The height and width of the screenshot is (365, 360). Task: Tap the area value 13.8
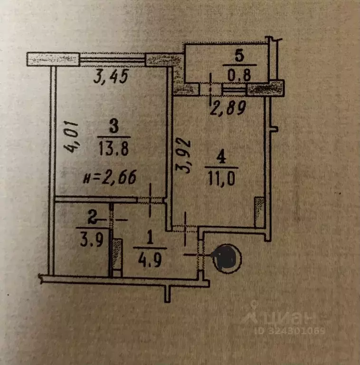point(114,148)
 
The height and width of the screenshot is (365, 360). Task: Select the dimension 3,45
point(111,77)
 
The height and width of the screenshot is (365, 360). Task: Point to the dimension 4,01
point(71,137)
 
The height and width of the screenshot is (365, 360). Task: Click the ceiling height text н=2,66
point(110,177)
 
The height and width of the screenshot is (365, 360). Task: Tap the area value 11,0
point(221,178)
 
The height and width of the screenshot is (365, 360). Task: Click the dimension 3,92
point(183,156)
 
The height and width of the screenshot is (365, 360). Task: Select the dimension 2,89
point(228,108)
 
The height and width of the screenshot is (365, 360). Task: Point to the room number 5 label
point(239,56)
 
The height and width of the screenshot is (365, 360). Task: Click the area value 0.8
point(239,75)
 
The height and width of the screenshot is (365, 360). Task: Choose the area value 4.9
point(150,260)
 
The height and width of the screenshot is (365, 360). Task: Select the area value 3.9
point(92,240)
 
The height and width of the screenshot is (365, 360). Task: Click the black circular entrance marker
point(227,259)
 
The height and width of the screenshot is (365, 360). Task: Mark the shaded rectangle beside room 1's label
point(117,254)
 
